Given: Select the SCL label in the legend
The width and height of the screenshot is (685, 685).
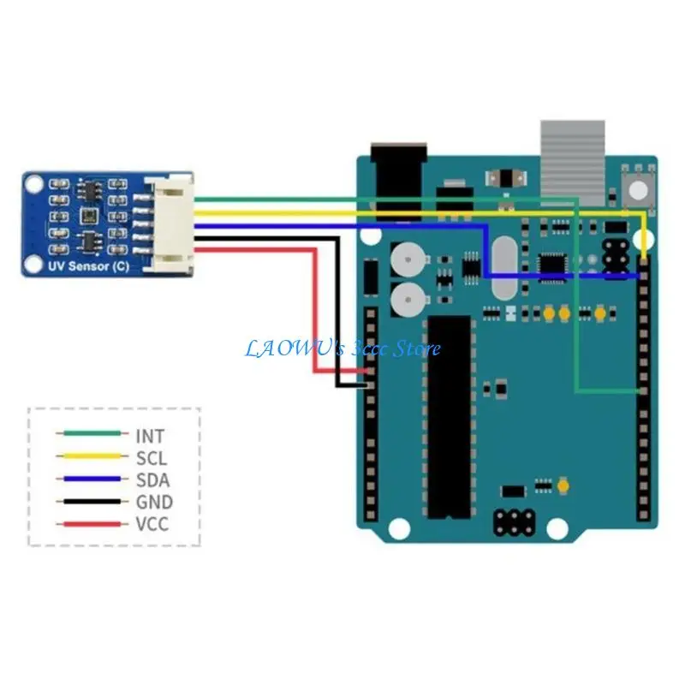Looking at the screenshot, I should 151,458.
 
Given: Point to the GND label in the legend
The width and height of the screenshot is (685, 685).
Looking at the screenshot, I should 153,503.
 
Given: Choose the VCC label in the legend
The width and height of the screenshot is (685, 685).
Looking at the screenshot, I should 152,524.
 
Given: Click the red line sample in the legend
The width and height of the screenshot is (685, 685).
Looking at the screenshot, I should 88,524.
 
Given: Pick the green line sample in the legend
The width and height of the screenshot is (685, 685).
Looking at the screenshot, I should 88,436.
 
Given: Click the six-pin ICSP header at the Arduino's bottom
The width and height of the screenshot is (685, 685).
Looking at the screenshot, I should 515,520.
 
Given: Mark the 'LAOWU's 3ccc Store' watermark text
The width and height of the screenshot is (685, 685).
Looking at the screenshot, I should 342,348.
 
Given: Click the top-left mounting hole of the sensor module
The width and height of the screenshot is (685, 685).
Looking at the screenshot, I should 33,183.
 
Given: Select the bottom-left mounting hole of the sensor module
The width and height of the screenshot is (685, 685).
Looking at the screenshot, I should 33,265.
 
